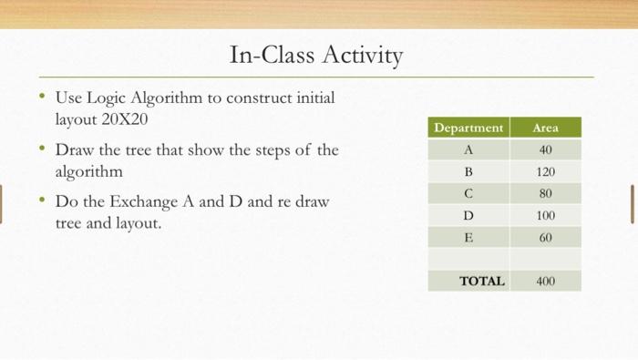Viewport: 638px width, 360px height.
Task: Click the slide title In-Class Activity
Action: tap(316, 57)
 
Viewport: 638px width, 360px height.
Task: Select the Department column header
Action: tap(468, 128)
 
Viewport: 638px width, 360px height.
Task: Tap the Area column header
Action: tap(545, 128)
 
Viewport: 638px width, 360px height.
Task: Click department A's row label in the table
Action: tap(468, 149)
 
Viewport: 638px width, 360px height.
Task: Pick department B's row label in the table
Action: tap(468, 171)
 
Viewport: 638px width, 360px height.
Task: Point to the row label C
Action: tap(468, 193)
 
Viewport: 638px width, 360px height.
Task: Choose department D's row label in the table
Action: tap(468, 216)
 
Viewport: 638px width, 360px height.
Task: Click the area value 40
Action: tap(545, 149)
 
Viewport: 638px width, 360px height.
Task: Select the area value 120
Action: tap(545, 171)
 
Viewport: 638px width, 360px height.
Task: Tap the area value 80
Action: tap(545, 193)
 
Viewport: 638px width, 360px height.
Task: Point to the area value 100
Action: tap(545, 216)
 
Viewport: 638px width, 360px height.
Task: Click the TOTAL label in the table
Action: tap(482, 281)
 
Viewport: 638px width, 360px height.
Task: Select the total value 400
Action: tap(545, 281)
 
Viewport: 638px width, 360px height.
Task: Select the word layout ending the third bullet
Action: tap(137, 222)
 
